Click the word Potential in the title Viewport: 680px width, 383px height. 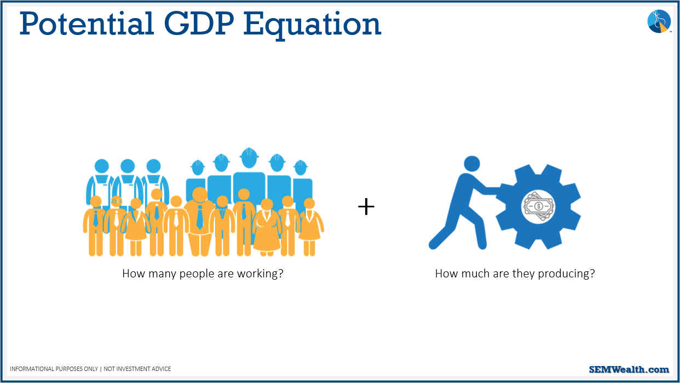pyautogui.click(x=87, y=24)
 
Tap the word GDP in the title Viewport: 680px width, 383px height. pyautogui.click(x=199, y=24)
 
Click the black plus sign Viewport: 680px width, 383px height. pyautogui.click(x=366, y=207)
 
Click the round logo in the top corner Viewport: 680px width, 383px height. pyautogui.click(x=659, y=21)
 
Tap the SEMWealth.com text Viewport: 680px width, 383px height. pyautogui.click(x=629, y=369)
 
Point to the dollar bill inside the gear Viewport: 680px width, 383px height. pyautogui.click(x=538, y=206)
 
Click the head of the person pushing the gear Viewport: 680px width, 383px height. pyautogui.click(x=472, y=164)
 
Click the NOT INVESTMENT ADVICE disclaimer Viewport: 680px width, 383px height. pyautogui.click(x=137, y=369)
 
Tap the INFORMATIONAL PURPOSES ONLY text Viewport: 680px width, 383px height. pyautogui.click(x=54, y=369)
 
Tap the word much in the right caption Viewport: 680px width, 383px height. pyautogui.click(x=474, y=274)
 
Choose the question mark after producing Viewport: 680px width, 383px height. pyautogui.click(x=592, y=273)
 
